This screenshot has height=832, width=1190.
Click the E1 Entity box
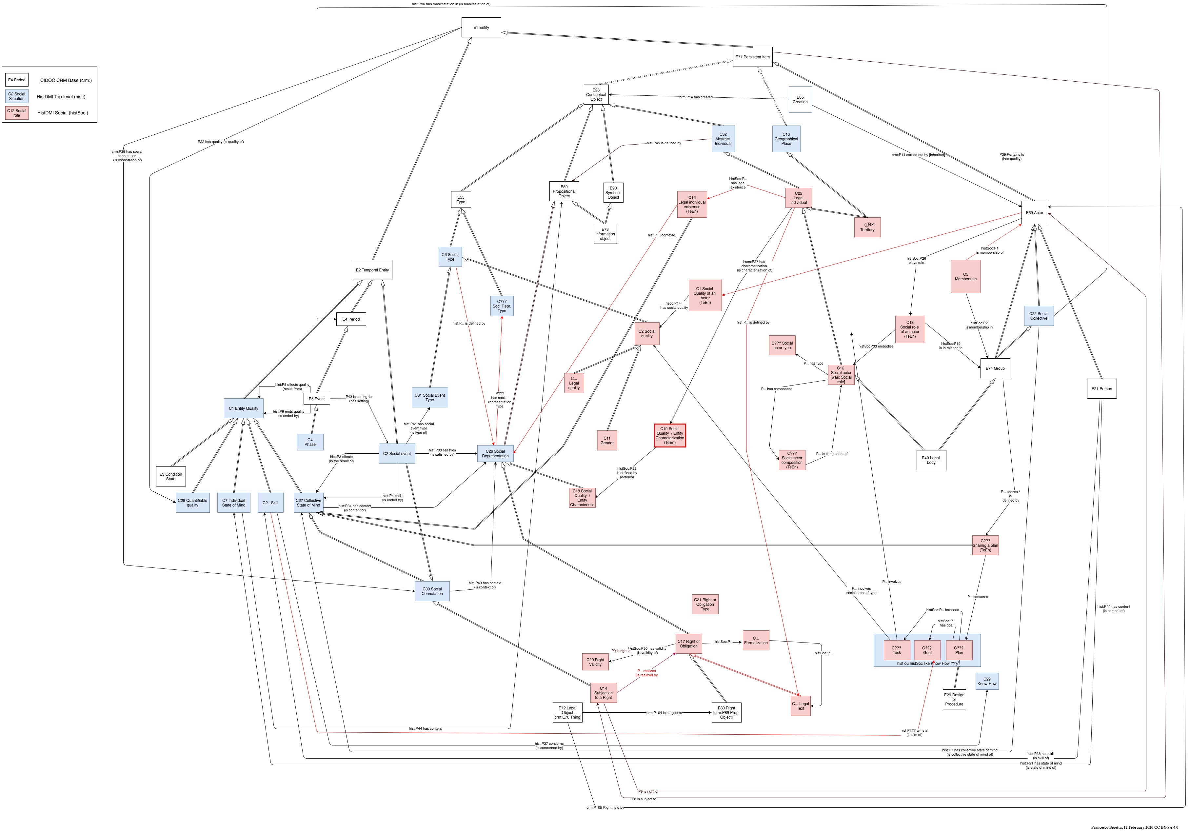[481, 28]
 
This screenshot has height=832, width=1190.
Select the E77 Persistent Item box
[753, 57]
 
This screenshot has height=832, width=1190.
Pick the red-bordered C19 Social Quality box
[670, 435]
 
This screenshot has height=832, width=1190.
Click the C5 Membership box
[965, 276]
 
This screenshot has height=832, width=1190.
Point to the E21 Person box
[1101, 388]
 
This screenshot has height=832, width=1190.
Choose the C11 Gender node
[607, 440]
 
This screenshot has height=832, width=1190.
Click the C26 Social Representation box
[495, 454]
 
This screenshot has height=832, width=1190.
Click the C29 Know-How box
[987, 681]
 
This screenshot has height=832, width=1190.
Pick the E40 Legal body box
[931, 460]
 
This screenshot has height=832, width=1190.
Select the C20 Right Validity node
[595, 662]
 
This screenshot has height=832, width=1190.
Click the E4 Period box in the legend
[17, 80]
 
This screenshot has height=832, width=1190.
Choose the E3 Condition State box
[170, 476]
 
